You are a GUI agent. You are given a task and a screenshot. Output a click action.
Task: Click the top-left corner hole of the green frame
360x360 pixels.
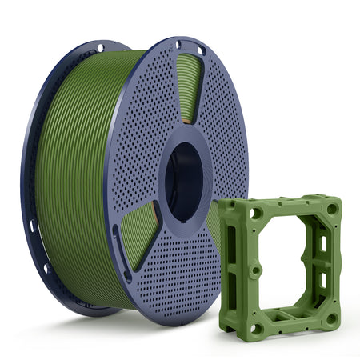pyautogui.click(x=255, y=214)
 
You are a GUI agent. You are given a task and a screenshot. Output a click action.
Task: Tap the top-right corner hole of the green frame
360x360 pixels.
pyautogui.click(x=332, y=209)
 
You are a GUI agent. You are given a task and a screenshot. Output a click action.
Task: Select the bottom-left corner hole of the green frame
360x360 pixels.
pyautogui.click(x=257, y=327)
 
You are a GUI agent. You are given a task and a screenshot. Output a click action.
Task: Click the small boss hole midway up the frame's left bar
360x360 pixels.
pyautogui.click(x=255, y=270)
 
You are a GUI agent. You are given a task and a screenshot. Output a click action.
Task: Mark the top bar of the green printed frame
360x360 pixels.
pyautogui.click(x=293, y=209)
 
